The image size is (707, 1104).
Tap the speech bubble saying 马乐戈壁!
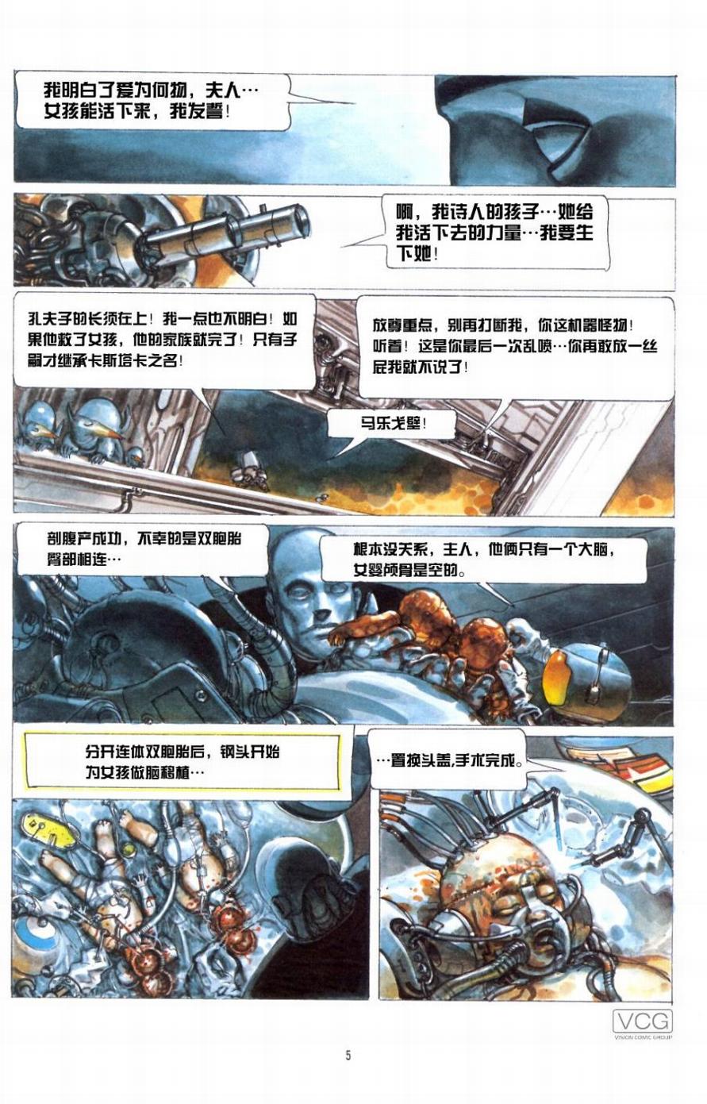392,423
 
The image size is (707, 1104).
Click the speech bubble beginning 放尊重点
515,347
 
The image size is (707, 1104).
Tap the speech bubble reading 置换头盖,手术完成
450,760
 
